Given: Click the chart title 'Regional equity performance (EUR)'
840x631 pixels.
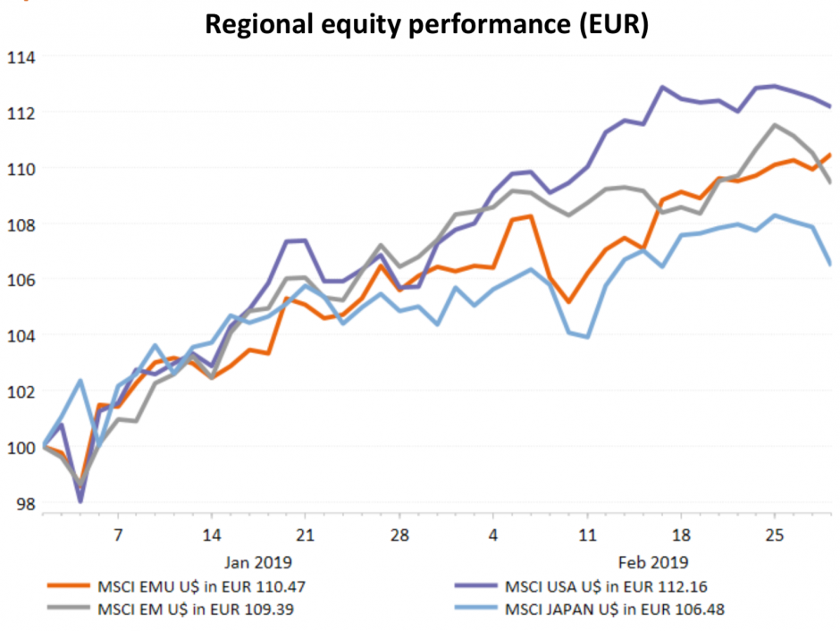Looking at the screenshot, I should (426, 24).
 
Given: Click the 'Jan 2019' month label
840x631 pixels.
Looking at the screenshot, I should (258, 562).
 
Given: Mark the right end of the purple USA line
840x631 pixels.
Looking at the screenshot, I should (830, 106).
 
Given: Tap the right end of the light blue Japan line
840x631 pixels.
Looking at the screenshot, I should (830, 264).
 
